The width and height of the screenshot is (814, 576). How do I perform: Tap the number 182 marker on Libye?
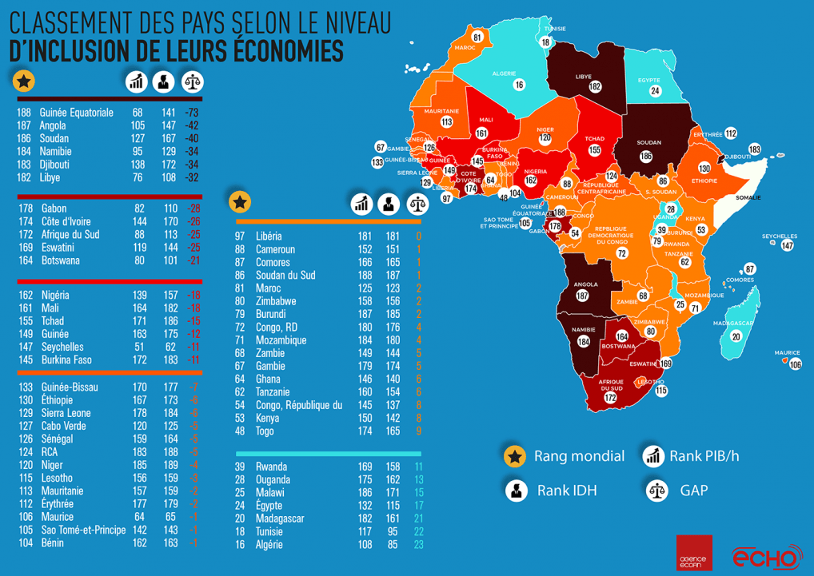[595, 86]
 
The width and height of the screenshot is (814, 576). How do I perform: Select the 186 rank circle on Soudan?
[646, 156]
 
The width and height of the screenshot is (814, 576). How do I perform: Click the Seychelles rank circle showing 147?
[788, 245]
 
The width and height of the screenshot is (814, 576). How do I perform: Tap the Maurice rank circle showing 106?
[795, 364]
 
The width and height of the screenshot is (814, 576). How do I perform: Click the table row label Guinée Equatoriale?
[76, 113]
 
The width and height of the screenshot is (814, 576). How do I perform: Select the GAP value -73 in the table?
[191, 113]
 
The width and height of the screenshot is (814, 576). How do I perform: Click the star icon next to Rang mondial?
[514, 456]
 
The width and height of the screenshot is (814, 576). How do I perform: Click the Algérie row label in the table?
[269, 545]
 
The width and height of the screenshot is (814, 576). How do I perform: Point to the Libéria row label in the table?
[269, 236]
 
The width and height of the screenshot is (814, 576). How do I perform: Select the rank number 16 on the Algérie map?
[519, 84]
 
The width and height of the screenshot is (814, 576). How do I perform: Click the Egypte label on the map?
[649, 80]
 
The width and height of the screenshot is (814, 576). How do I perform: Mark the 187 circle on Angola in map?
[582, 296]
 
